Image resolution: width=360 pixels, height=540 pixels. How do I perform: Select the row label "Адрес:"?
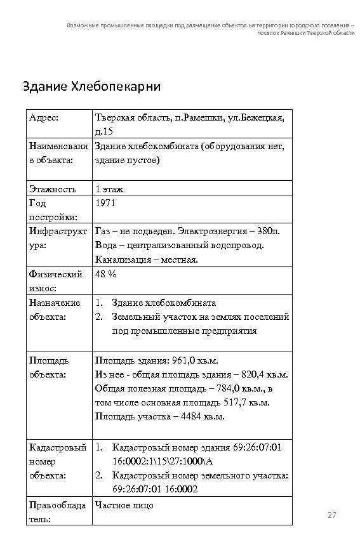[44, 117]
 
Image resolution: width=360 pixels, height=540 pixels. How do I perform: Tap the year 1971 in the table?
[105, 203]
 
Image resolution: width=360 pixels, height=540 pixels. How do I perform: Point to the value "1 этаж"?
[109, 188]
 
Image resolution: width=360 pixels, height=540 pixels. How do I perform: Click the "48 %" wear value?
[105, 274]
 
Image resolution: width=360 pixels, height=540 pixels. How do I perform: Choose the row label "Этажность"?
[53, 188]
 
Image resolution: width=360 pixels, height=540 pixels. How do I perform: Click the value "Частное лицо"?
[124, 505]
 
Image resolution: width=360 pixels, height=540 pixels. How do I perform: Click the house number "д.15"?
[103, 131]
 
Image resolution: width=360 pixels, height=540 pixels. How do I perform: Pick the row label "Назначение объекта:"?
[55, 310]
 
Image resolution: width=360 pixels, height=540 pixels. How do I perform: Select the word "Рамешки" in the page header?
[293, 32]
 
